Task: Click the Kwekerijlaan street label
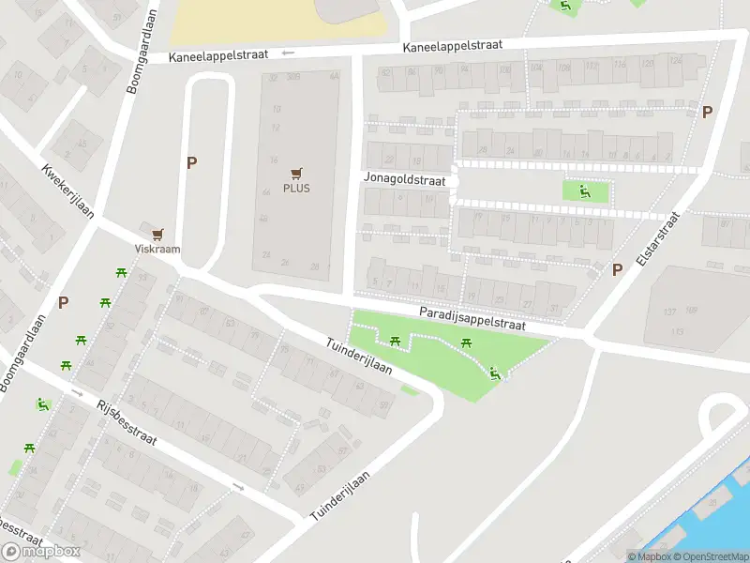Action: (68, 192)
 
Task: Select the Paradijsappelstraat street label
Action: (472, 317)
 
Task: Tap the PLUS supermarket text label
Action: (296, 188)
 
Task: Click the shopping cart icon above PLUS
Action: (297, 172)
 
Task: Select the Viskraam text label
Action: (157, 250)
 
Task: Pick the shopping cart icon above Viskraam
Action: (157, 234)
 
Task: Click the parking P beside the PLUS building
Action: (192, 162)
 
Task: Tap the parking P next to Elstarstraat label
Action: (617, 269)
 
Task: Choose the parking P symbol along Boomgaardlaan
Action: (64, 302)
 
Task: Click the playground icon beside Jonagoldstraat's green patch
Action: (585, 192)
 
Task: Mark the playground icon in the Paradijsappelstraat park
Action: (495, 374)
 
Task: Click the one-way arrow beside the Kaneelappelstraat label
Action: (288, 53)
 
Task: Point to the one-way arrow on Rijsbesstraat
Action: (238, 487)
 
